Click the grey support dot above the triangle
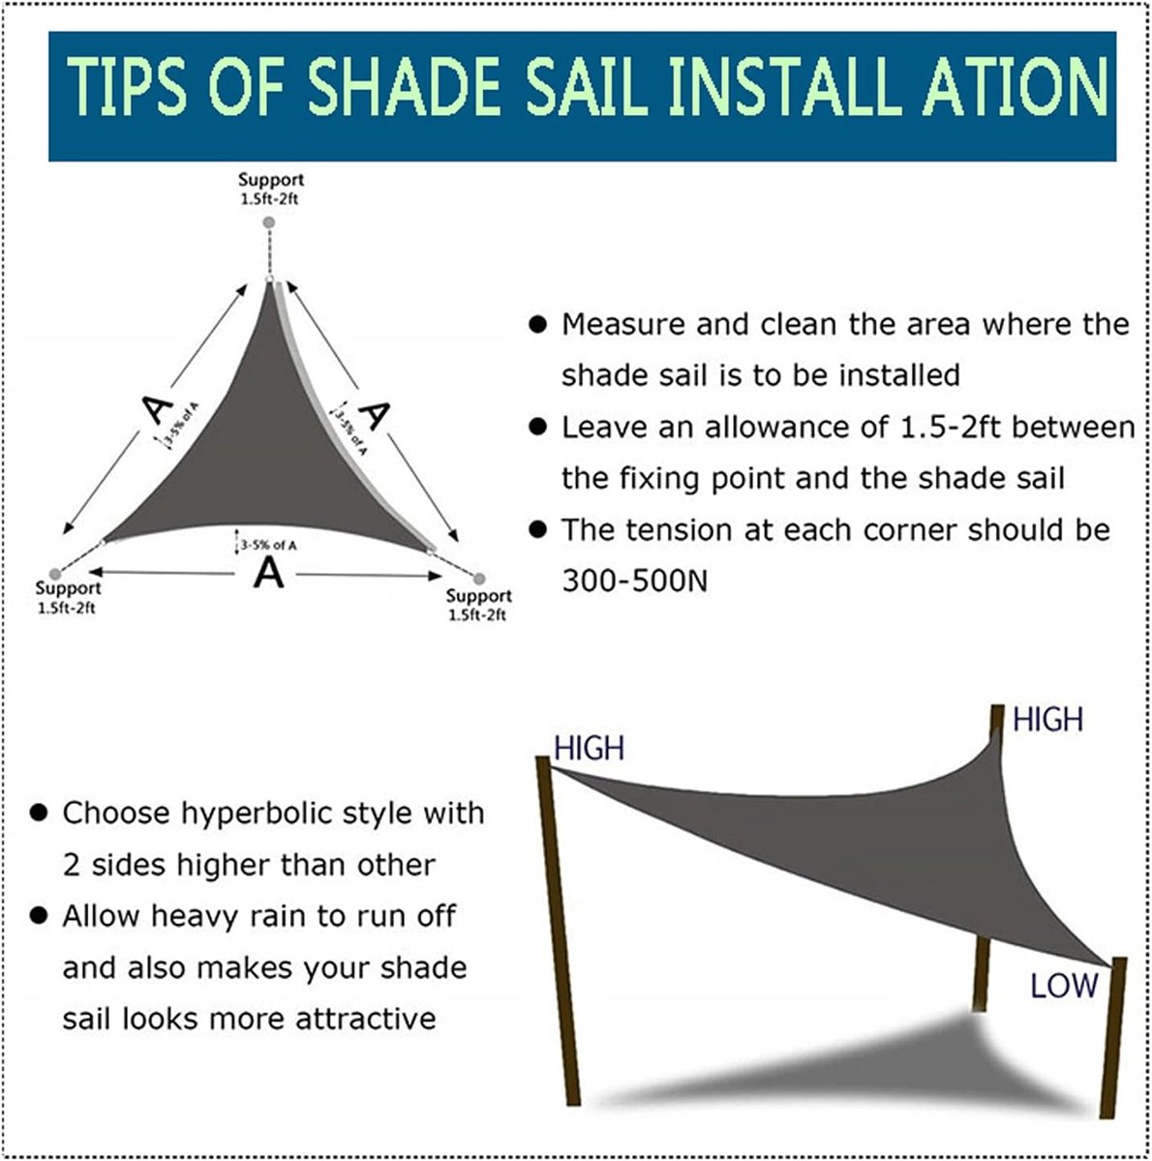pyautogui.click(x=269, y=223)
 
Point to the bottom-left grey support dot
pyautogui.click(x=55, y=573)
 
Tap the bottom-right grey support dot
pyautogui.click(x=479, y=579)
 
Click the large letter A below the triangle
pyautogui.click(x=268, y=573)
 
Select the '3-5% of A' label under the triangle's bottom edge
pyautogui.click(x=268, y=546)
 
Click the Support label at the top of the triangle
pyautogui.click(x=271, y=180)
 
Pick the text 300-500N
pyautogui.click(x=635, y=581)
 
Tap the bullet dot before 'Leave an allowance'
pyautogui.click(x=537, y=428)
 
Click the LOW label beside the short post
pyautogui.click(x=1064, y=986)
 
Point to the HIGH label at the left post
pyautogui.click(x=590, y=749)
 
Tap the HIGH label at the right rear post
pyautogui.click(x=1048, y=720)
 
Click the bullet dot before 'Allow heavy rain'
pyautogui.click(x=39, y=916)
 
